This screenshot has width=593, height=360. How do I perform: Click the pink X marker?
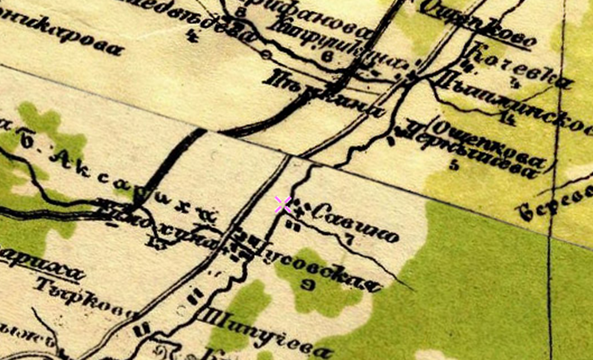click(282, 205)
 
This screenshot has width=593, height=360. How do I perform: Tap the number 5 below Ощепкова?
click(454, 166)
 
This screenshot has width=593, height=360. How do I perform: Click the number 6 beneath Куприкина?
click(328, 57)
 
